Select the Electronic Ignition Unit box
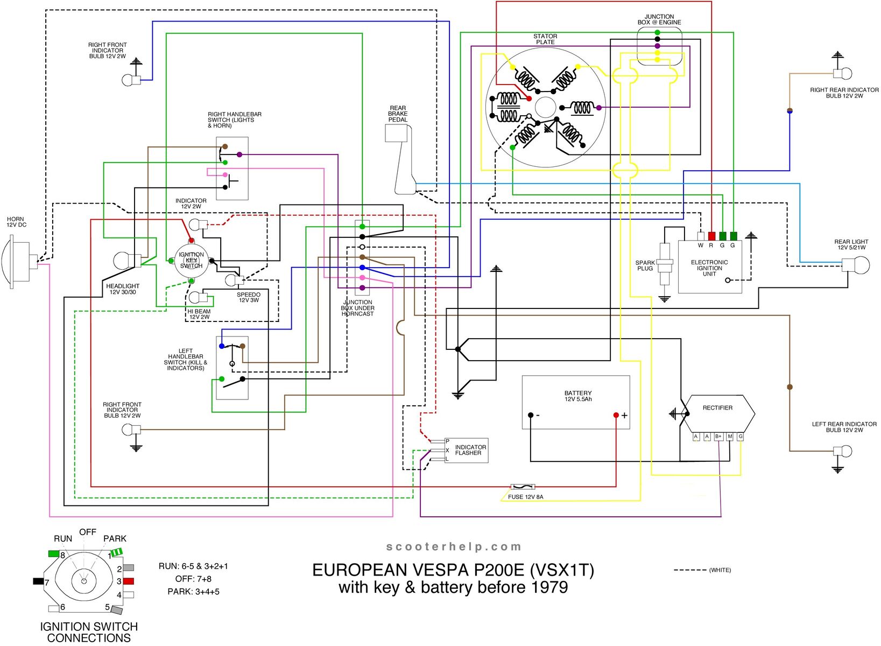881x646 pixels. click(709, 267)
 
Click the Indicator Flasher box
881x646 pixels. click(466, 450)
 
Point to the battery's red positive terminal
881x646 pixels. click(616, 415)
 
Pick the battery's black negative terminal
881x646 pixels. click(531, 415)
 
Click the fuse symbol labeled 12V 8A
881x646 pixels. click(522, 487)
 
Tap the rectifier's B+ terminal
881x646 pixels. click(718, 437)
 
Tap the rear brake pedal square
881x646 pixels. click(396, 133)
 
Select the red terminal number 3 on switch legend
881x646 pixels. click(129, 581)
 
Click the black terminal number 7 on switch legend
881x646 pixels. click(38, 581)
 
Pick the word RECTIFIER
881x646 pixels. click(717, 408)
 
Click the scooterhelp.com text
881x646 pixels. click(454, 547)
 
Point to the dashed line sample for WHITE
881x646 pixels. click(690, 570)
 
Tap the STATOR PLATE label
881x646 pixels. click(545, 39)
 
